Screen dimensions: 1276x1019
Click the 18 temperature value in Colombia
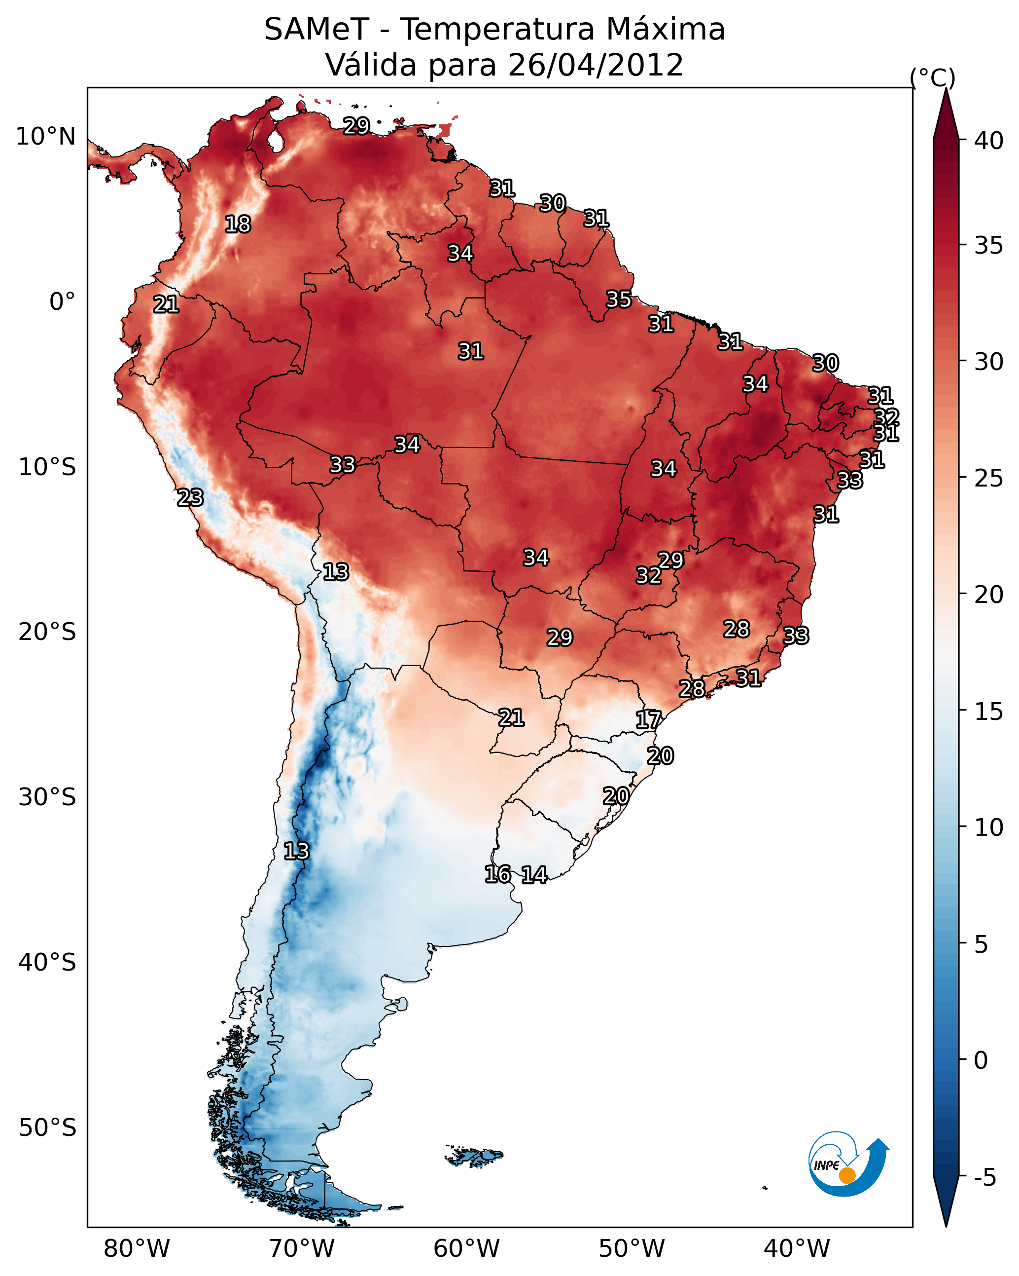click(238, 225)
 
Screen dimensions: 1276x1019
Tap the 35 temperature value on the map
click(619, 300)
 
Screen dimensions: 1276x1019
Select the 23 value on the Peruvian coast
click(190, 498)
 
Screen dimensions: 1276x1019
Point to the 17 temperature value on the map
click(648, 720)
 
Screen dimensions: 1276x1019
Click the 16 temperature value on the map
click(497, 874)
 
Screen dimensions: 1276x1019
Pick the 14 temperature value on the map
click(534, 875)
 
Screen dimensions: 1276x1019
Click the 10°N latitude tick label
click(45, 137)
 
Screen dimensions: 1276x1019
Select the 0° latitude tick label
click(62, 302)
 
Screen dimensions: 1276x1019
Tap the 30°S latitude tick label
click(47, 797)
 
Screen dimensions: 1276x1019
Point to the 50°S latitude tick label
click(47, 1128)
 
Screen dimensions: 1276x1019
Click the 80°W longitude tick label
click(137, 1248)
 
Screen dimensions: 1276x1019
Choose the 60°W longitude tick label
click(467, 1248)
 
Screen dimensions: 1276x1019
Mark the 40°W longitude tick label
click(797, 1248)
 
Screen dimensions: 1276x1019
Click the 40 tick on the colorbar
click(989, 141)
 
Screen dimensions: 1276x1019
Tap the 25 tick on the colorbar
click(989, 478)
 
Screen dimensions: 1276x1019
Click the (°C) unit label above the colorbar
click(932, 77)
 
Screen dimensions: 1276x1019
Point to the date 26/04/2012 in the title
click(595, 65)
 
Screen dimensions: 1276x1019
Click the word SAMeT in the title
click(316, 30)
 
